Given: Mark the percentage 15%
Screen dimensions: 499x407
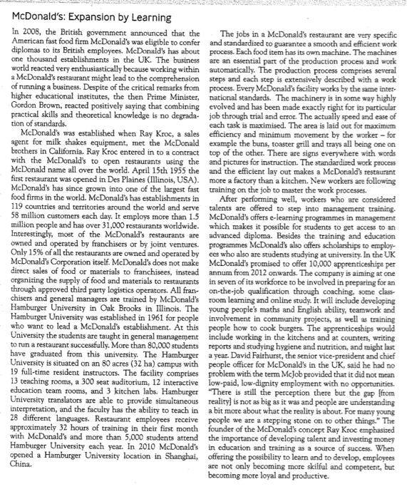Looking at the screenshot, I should point(40,280).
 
